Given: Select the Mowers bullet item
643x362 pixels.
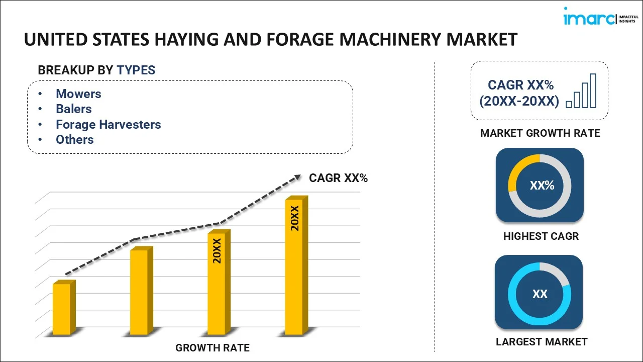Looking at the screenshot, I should (x=78, y=94).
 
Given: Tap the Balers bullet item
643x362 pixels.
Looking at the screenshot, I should (x=73, y=109).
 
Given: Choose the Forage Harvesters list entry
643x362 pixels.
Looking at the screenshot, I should (x=108, y=124).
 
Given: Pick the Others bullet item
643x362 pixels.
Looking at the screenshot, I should (x=74, y=139).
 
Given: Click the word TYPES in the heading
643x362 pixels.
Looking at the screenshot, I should (x=136, y=70).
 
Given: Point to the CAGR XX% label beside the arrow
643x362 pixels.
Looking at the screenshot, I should (x=338, y=178).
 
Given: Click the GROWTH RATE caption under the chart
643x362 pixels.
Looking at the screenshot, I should (x=212, y=347).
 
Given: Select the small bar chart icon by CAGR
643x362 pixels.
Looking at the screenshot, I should (x=581, y=92).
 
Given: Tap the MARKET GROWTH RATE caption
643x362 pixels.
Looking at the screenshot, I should (x=540, y=133).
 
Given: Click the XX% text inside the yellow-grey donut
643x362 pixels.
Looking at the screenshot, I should (x=542, y=186).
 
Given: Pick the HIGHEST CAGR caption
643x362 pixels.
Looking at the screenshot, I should (x=541, y=236).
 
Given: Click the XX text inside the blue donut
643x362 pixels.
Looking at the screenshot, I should (x=540, y=294).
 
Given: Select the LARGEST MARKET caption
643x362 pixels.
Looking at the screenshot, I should (x=542, y=342).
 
